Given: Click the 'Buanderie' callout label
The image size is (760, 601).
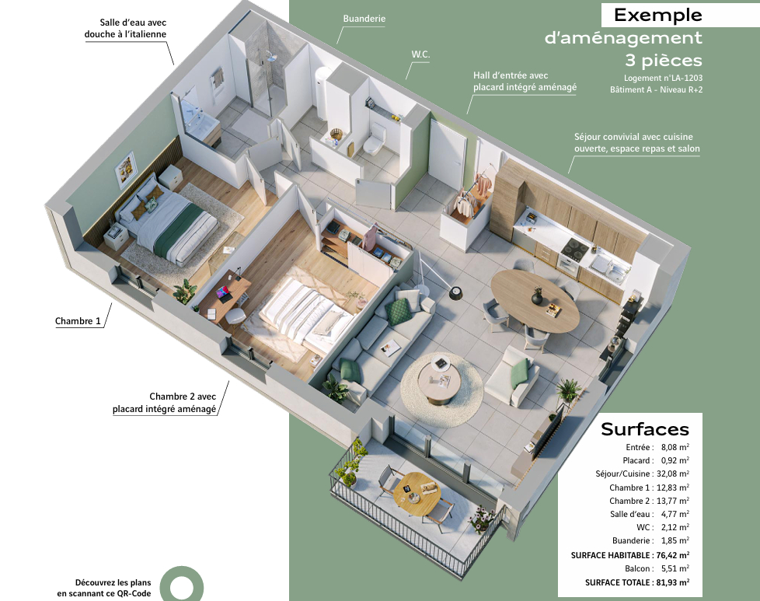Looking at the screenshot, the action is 364,19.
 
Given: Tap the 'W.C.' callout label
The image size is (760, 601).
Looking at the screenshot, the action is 420,54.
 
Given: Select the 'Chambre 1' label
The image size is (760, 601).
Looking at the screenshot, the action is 78,321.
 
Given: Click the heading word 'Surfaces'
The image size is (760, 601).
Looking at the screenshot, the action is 645,429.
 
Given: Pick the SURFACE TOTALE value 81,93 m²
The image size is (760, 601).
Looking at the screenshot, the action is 673,582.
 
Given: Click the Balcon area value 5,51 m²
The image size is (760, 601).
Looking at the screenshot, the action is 675,568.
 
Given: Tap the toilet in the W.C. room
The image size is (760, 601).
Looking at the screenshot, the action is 374,138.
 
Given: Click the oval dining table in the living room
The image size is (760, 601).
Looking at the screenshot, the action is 535,300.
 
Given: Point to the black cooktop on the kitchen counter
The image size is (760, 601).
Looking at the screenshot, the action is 574,248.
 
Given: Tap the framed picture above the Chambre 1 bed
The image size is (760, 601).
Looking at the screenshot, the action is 126,169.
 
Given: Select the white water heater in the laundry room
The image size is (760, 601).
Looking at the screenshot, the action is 322,93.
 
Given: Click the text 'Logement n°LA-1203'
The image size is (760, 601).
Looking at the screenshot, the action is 663,78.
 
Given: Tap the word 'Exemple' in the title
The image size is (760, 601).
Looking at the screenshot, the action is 657,15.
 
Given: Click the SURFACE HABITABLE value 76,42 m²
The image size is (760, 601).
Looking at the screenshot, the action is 673,555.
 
